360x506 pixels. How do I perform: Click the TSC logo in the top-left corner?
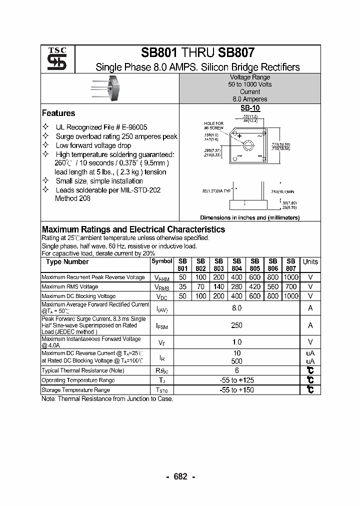(x=53, y=58)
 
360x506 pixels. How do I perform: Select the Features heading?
(x=58, y=113)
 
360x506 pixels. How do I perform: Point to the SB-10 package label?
(x=250, y=108)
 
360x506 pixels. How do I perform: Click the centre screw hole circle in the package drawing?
(x=248, y=145)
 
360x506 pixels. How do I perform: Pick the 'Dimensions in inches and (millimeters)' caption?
(x=250, y=218)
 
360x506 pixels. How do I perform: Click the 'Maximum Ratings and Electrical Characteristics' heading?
(x=133, y=229)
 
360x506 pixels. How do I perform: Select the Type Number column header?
(x=67, y=262)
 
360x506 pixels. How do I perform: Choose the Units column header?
(x=310, y=262)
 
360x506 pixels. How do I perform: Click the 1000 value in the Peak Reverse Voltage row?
(x=291, y=277)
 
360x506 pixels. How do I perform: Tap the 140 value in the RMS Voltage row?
(x=219, y=287)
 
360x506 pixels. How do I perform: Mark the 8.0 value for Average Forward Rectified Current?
(x=237, y=308)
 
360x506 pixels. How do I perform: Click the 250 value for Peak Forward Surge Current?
(x=237, y=325)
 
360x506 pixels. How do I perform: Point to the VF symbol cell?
(x=161, y=342)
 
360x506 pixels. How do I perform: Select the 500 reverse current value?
(x=237, y=361)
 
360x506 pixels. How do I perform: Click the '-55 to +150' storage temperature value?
(x=237, y=390)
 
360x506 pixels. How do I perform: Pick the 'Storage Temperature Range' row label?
(x=75, y=390)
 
